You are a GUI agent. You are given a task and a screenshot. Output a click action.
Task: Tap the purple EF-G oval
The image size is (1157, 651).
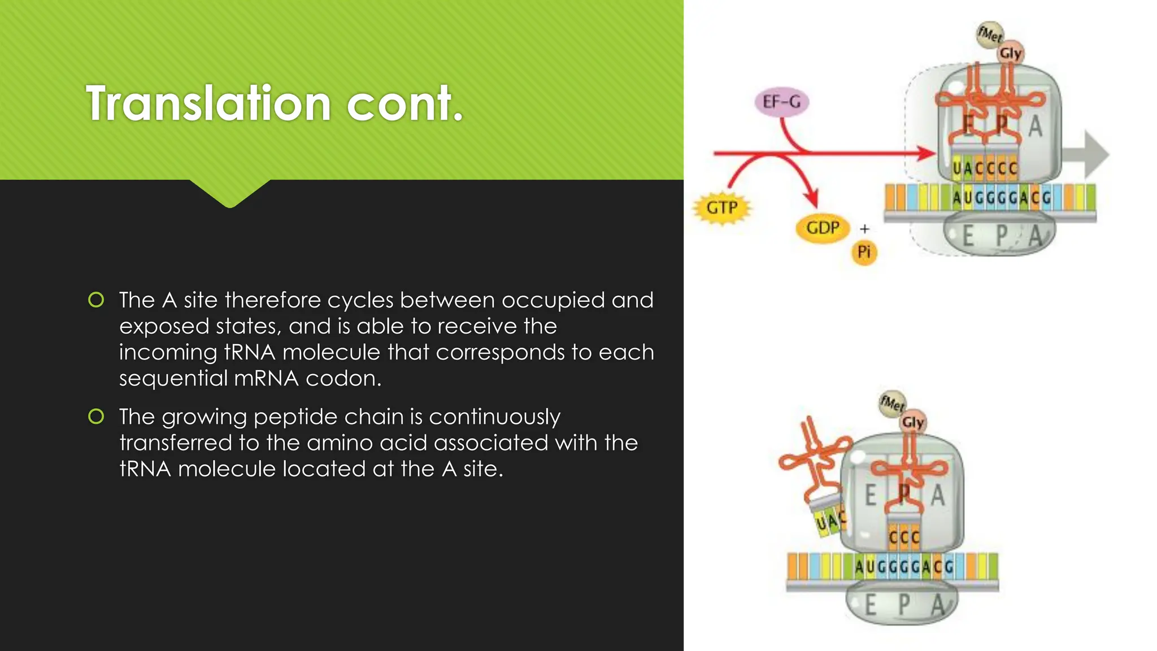coord(781,102)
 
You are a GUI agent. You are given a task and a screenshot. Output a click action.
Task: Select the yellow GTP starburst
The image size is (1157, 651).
coord(721,208)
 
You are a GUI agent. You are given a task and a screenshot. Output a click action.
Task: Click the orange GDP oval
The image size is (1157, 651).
coord(822,228)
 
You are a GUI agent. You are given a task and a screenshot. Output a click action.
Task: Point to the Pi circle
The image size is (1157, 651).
coord(864,252)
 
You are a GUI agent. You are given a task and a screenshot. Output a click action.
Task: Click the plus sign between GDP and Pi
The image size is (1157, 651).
coord(864,229)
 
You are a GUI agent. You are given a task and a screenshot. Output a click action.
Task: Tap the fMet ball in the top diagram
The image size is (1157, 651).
coord(989,34)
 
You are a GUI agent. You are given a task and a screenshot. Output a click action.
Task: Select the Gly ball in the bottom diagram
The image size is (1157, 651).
coord(912,422)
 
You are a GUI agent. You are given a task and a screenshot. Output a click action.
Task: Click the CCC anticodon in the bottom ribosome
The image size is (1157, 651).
coord(904,536)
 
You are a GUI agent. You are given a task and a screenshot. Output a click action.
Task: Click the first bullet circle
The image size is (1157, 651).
coord(97,300)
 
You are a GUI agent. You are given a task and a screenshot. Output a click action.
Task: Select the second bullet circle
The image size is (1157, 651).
coord(97,416)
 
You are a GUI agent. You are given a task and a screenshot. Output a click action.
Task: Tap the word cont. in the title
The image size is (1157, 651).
coord(405,104)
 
